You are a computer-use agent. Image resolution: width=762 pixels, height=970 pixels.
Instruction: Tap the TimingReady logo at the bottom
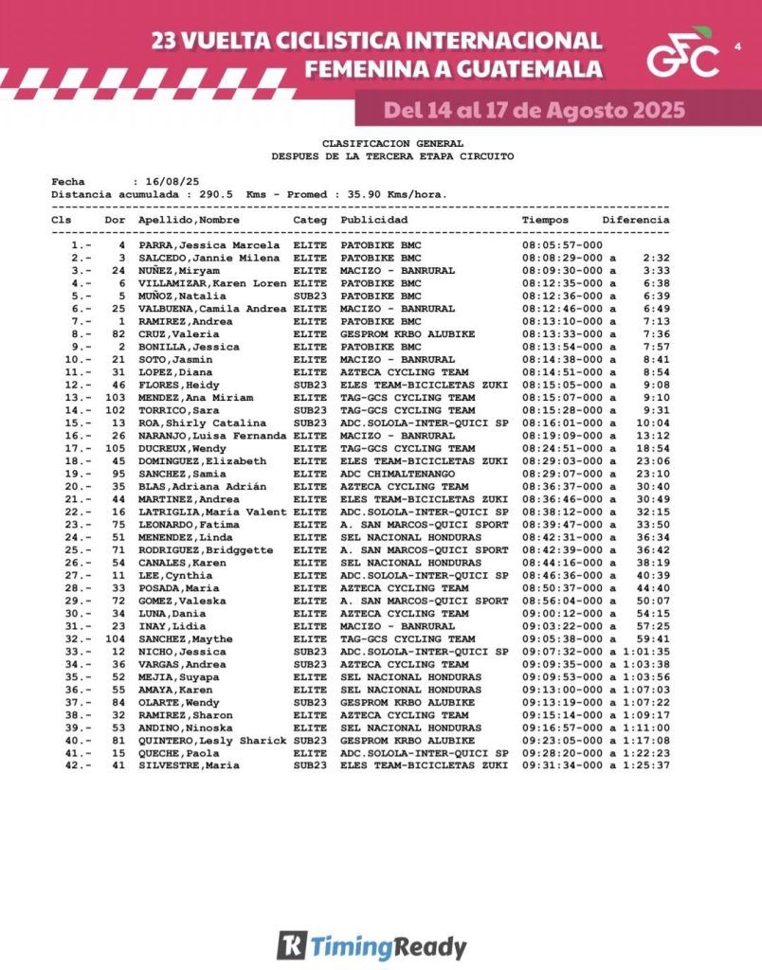point(372,945)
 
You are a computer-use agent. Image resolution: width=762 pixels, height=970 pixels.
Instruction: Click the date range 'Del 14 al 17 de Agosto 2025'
point(534,110)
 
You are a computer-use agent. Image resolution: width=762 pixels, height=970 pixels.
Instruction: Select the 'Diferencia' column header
point(635,220)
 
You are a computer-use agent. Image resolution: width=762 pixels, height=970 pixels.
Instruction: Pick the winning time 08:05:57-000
point(562,244)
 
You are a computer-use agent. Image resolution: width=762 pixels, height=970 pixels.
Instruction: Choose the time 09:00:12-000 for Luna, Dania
point(562,613)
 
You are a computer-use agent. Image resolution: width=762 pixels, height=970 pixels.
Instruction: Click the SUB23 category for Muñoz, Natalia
point(310,296)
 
